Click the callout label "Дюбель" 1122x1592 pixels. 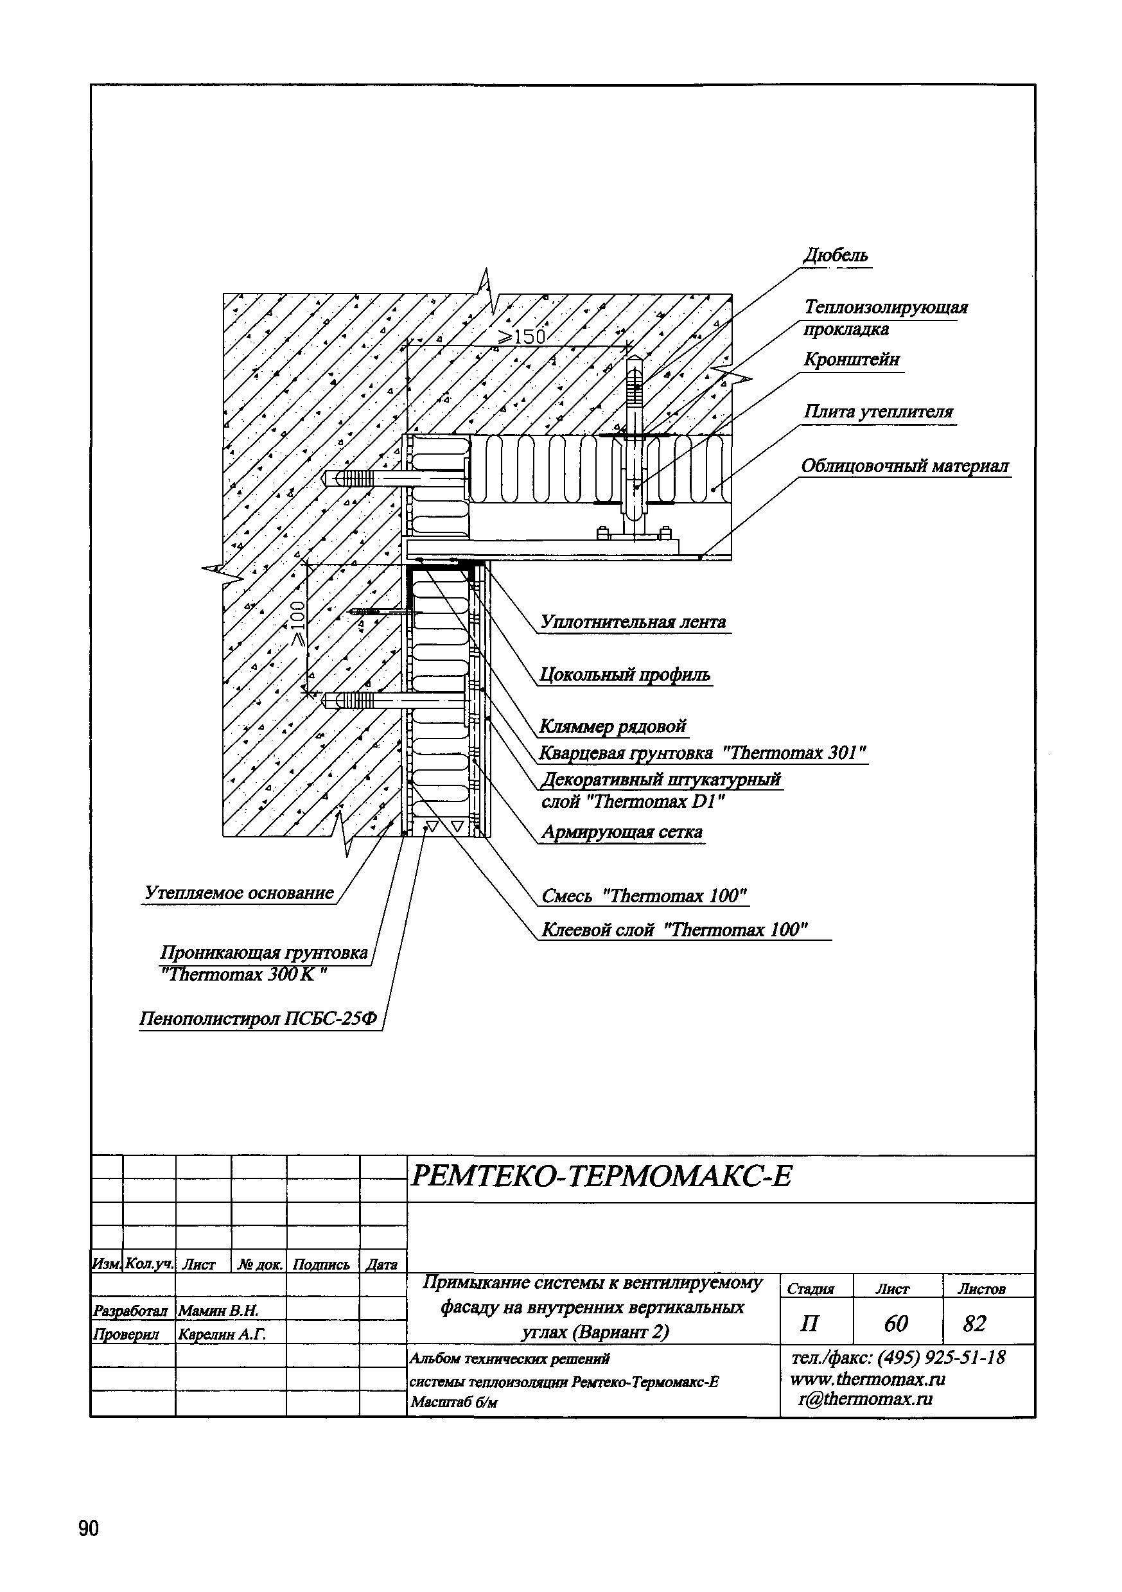pos(835,256)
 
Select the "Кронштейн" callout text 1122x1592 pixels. pos(852,360)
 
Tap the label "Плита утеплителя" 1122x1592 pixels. pos(879,412)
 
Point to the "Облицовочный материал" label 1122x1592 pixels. pos(905,466)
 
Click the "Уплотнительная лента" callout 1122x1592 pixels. pos(633,622)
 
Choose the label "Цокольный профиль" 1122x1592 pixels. pos(626,675)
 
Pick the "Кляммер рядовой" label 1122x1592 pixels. pos(613,727)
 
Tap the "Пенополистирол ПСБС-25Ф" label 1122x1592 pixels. pos(259,1019)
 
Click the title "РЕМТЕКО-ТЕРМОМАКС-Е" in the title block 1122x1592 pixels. pos(601,1177)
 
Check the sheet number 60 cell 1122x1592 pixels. pos(896,1323)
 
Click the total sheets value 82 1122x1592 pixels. pos(974,1323)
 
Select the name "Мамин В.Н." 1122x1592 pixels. pos(218,1310)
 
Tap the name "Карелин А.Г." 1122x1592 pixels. pos(222,1333)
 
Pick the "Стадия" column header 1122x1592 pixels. pos(811,1289)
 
